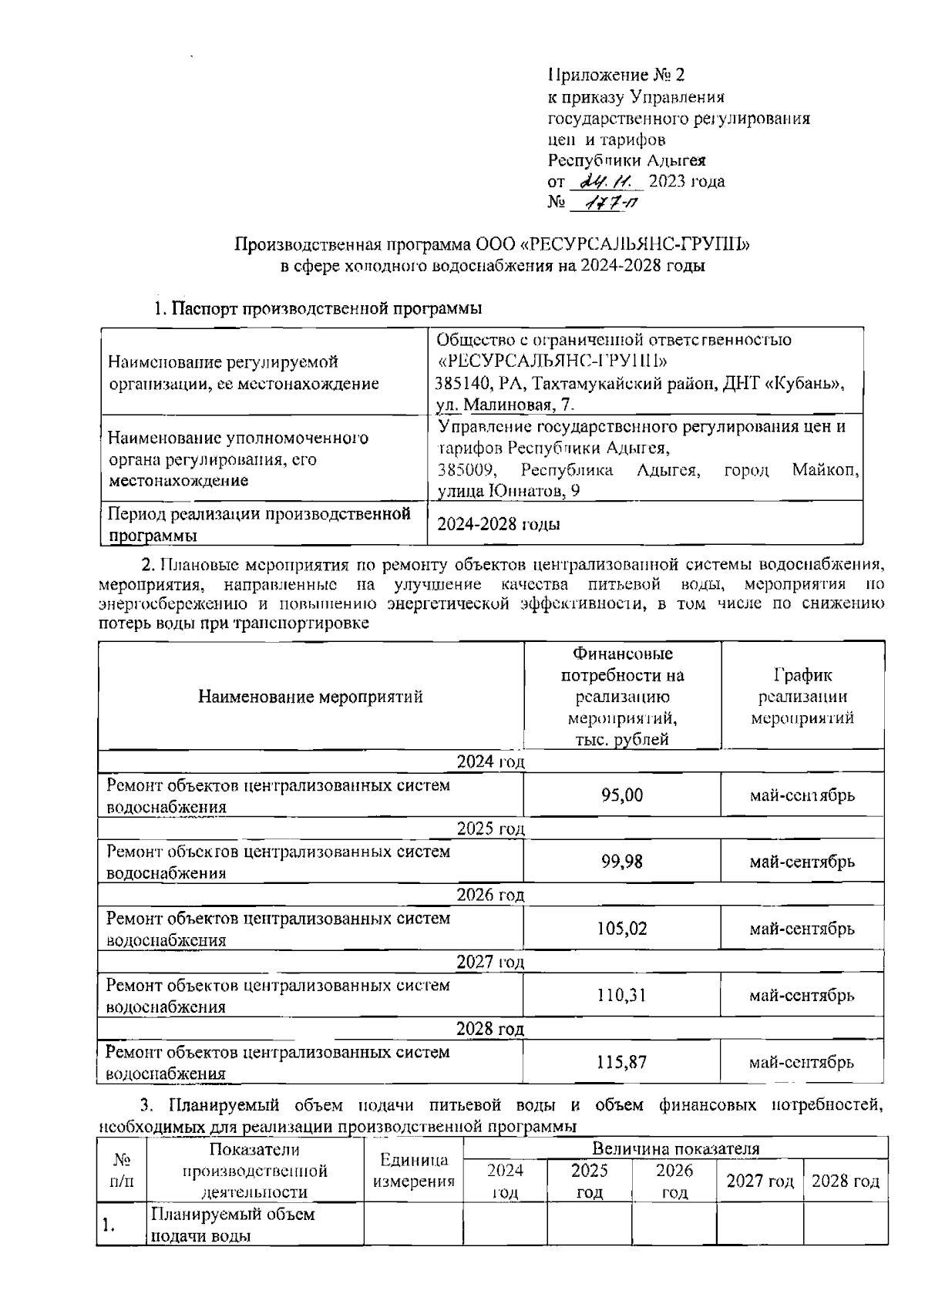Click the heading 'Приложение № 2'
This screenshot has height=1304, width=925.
[616, 76]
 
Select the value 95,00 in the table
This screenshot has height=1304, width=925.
[622, 795]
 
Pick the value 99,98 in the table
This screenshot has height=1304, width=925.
[622, 862]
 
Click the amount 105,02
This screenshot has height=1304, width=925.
[622, 929]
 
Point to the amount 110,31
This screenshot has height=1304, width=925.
[622, 996]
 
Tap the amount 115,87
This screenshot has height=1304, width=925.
[622, 1062]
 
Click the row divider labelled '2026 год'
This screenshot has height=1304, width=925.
[490, 896]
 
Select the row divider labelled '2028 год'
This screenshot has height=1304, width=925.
[490, 1030]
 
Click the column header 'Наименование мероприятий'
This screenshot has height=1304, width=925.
[311, 697]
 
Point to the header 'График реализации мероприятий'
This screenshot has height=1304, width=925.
[802, 697]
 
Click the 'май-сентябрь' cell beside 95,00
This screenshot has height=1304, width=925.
[802, 795]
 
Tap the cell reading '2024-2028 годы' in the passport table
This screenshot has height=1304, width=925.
[499, 525]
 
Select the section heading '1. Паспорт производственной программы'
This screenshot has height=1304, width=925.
[317, 309]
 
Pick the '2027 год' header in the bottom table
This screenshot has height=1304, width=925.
[759, 1181]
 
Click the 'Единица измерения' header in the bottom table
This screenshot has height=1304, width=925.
[414, 1171]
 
